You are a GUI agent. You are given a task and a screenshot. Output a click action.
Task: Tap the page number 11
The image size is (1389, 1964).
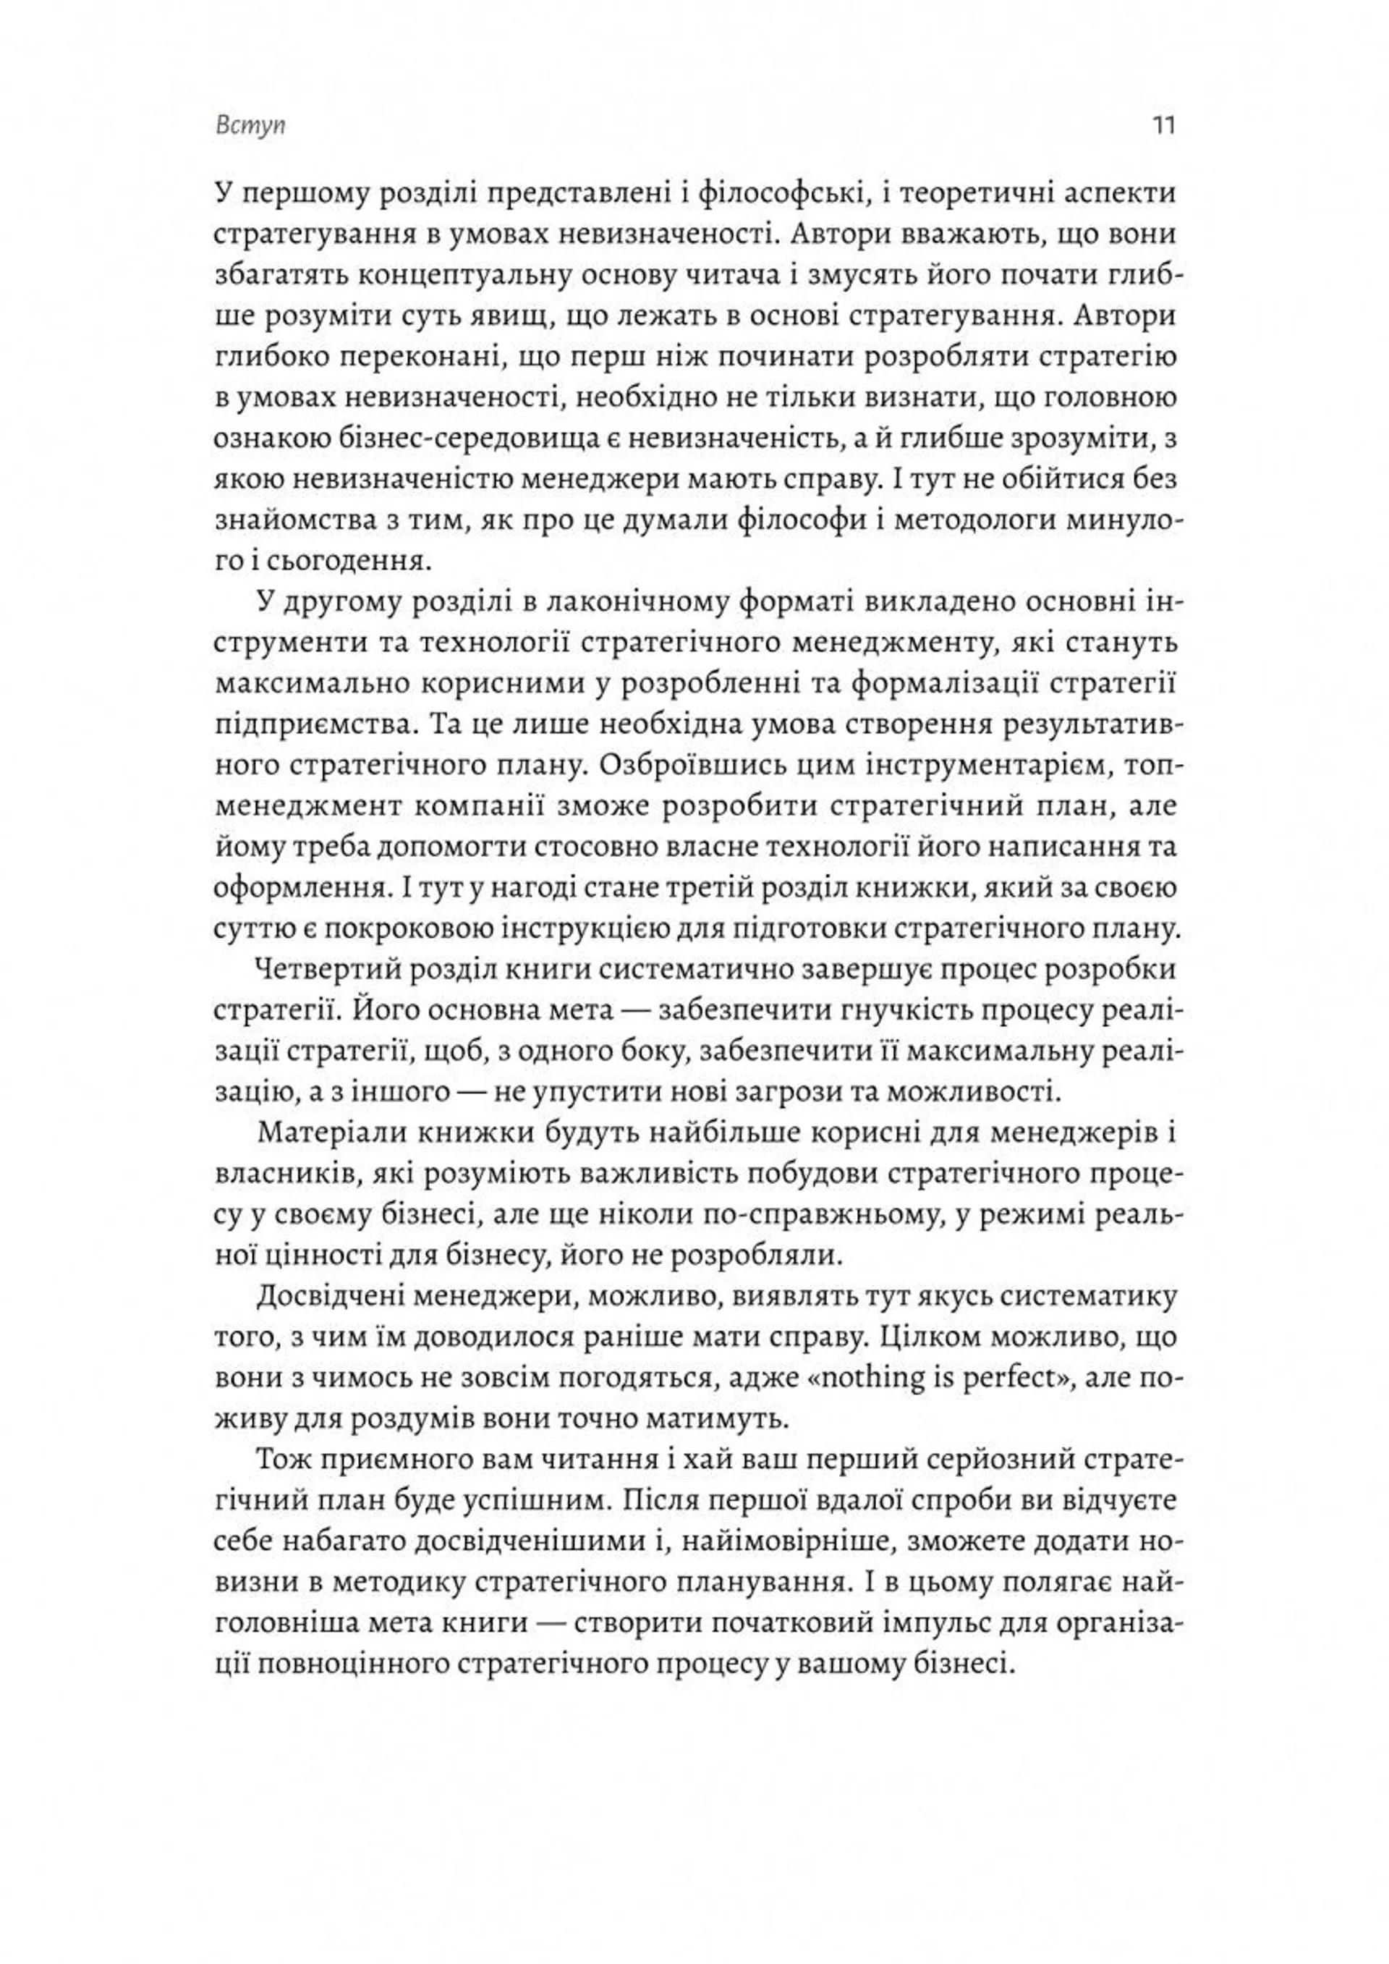point(1164,126)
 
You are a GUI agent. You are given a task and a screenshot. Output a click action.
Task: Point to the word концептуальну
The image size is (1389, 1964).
point(483,276)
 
